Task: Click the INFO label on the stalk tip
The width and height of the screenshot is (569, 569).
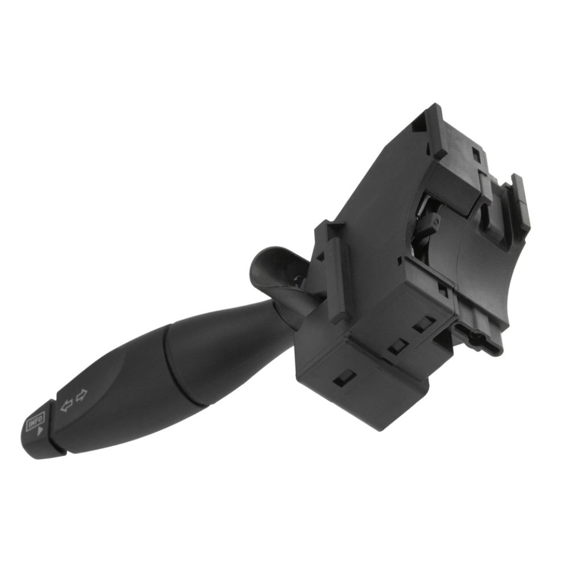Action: [36, 420]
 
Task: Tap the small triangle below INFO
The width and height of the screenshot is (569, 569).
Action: [40, 431]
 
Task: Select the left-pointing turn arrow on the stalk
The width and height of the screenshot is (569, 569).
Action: [67, 405]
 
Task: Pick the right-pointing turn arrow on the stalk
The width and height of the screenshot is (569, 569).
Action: [82, 394]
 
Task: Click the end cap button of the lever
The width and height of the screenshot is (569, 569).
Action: [40, 429]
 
